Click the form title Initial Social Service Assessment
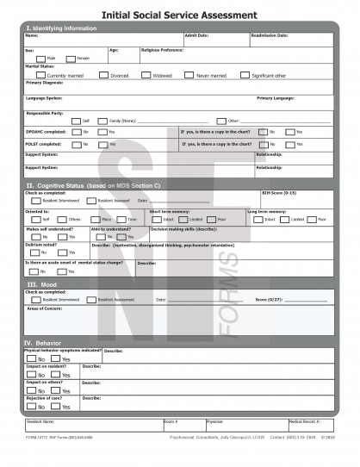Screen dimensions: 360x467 click(179, 16)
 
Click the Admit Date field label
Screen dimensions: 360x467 click(197, 36)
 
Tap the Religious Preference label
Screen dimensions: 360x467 click(162, 50)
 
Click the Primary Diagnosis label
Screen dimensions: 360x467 click(44, 83)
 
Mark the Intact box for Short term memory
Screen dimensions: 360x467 click(158, 220)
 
